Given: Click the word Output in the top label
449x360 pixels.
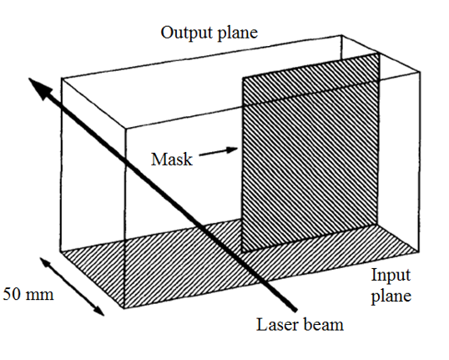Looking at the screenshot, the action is [x=187, y=33].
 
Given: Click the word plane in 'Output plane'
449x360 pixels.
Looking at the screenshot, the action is [x=238, y=33].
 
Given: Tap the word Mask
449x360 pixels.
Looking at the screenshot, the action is [x=172, y=160].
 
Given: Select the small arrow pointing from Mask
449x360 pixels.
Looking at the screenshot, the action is [x=219, y=152].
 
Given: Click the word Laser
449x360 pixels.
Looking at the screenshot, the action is [x=276, y=325].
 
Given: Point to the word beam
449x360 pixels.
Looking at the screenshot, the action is [x=323, y=325].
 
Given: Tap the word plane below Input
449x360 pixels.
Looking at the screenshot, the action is [x=391, y=297].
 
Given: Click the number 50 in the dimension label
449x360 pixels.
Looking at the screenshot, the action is [x=12, y=294].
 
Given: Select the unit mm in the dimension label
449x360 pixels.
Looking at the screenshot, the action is [x=39, y=295].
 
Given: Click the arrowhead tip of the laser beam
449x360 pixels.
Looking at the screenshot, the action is [x=29, y=78].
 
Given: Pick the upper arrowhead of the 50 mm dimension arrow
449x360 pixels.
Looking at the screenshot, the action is [x=40, y=257].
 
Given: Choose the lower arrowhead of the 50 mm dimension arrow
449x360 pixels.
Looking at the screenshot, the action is [x=103, y=315].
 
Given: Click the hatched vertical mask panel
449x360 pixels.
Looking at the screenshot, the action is [x=311, y=152].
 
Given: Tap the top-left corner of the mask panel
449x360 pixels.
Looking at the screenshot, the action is [x=243, y=78].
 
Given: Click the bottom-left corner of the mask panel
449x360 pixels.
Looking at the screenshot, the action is [x=242, y=252].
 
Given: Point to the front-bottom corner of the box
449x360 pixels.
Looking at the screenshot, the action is [x=124, y=308].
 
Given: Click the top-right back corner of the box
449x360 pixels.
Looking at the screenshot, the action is [x=341, y=35].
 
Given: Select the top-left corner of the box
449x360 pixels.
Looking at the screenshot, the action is [x=61, y=78].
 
